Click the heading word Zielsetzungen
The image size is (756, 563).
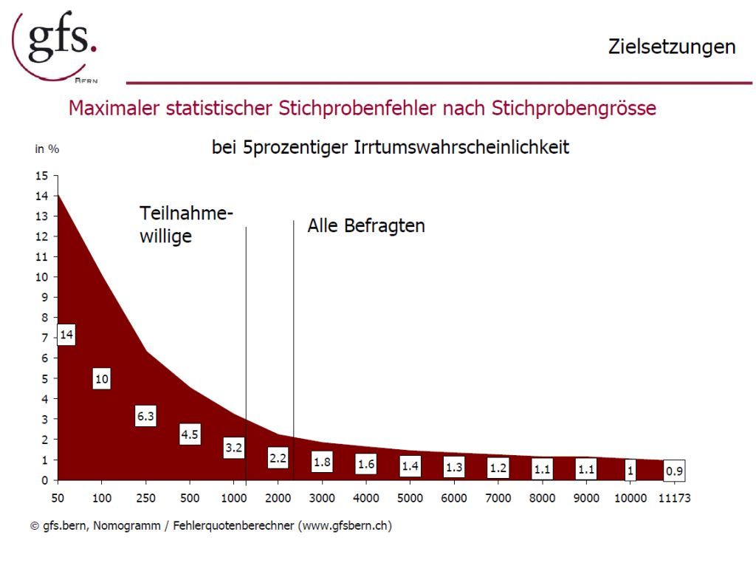(x=671, y=47)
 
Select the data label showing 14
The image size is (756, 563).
(x=66, y=335)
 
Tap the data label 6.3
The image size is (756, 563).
(x=145, y=416)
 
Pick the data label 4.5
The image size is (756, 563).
(x=190, y=434)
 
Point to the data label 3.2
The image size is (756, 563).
(x=234, y=447)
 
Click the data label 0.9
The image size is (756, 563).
(x=674, y=470)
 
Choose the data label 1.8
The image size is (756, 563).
(x=322, y=462)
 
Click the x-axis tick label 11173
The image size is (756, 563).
(x=674, y=498)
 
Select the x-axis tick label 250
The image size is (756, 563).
(x=145, y=498)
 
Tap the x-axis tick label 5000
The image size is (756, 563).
(x=410, y=498)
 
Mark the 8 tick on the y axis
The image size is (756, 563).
(x=44, y=318)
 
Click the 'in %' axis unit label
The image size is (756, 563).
(x=47, y=149)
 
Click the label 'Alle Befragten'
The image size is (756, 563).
(x=366, y=226)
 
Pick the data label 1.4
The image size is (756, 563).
(x=410, y=465)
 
